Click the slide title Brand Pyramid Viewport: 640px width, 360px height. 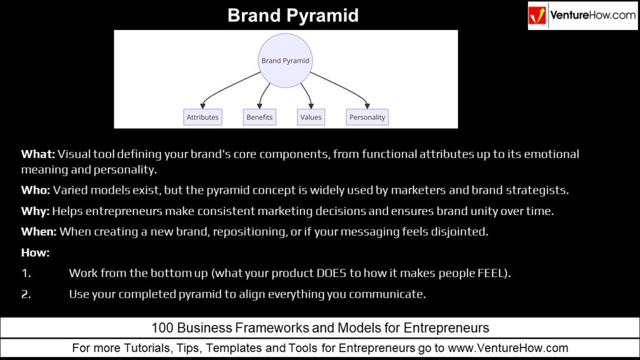292,15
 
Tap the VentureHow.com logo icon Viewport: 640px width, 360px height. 537,16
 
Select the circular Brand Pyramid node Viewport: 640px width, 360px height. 285,61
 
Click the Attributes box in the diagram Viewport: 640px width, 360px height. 202,117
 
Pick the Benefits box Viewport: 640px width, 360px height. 259,117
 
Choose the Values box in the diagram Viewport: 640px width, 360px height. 311,117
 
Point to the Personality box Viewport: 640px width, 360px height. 367,117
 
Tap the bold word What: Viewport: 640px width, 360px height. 38,154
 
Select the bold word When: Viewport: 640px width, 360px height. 39,232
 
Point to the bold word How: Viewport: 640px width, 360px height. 35,252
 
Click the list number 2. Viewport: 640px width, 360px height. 26,294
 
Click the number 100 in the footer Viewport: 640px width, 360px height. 161,327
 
